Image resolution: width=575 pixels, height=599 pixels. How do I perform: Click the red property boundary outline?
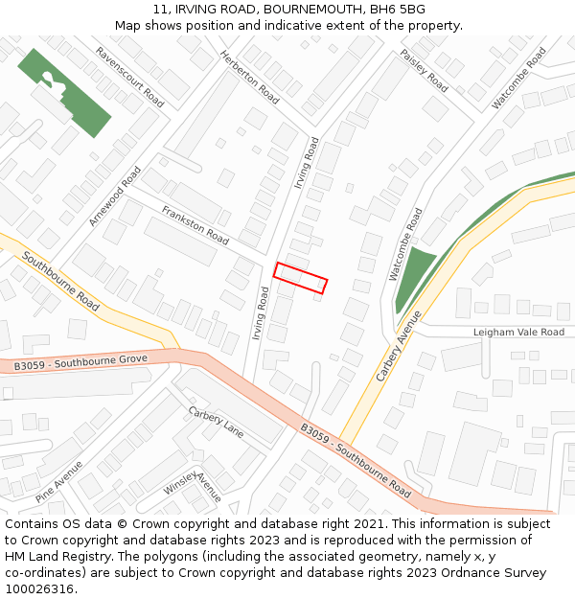pyautogui.click(x=300, y=278)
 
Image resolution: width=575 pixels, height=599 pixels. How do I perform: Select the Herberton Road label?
pyautogui.click(x=249, y=78)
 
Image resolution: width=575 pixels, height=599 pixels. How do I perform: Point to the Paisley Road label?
pyautogui.click(x=424, y=70)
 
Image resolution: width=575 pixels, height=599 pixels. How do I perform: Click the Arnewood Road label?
pyautogui.click(x=114, y=195)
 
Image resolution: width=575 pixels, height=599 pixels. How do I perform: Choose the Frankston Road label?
pyautogui.click(x=195, y=224)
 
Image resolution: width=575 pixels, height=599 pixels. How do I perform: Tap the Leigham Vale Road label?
pyautogui.click(x=518, y=333)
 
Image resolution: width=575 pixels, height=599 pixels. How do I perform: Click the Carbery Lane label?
pyautogui.click(x=216, y=422)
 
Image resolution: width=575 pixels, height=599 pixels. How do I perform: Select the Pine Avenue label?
pyautogui.click(x=58, y=481)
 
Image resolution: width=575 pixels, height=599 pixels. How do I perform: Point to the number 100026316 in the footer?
pyautogui.click(x=39, y=588)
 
